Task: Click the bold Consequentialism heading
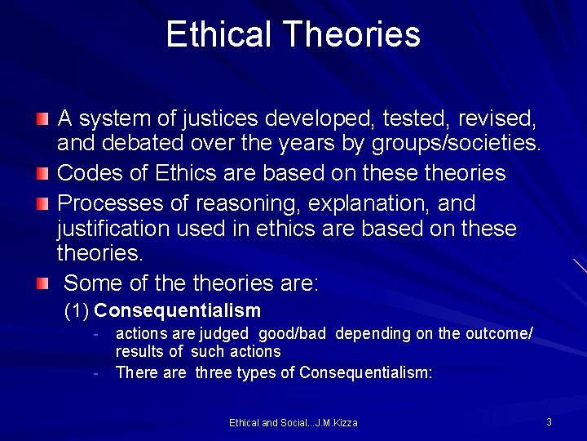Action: coord(178,310)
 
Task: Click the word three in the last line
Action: coord(214,372)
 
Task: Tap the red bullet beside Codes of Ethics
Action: coord(42,173)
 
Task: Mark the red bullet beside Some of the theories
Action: coord(42,283)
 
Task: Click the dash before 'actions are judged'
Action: coord(96,333)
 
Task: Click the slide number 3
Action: coord(549,421)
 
